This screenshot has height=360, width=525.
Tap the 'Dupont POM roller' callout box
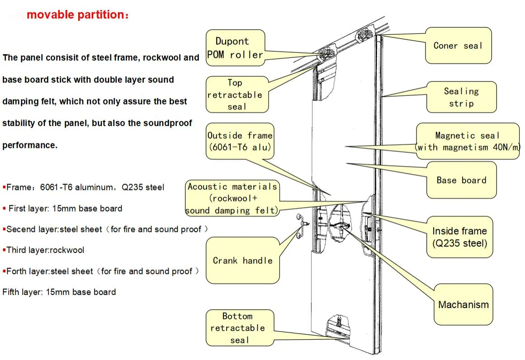coord(236,48)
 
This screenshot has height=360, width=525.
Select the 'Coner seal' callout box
coord(459,46)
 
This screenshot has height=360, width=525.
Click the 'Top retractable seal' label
coord(237,95)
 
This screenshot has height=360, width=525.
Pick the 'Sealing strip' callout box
coord(461,97)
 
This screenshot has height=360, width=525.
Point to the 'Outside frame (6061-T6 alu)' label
coord(240,141)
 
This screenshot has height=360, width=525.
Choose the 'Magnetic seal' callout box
coord(468,141)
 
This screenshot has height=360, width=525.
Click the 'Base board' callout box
coord(461,180)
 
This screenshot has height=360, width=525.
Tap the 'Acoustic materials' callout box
coord(232,198)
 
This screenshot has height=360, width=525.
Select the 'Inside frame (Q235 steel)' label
coord(460,237)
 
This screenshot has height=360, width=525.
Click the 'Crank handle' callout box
coord(243,261)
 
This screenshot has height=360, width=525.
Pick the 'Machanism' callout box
coord(464,304)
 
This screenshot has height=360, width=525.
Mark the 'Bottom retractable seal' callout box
coord(240,328)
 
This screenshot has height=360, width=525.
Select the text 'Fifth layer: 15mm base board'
coord(59,292)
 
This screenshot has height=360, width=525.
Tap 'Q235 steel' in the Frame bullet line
coord(143,187)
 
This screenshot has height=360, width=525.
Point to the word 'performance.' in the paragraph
coord(30,145)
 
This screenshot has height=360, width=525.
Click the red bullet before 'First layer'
coord(4,208)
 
